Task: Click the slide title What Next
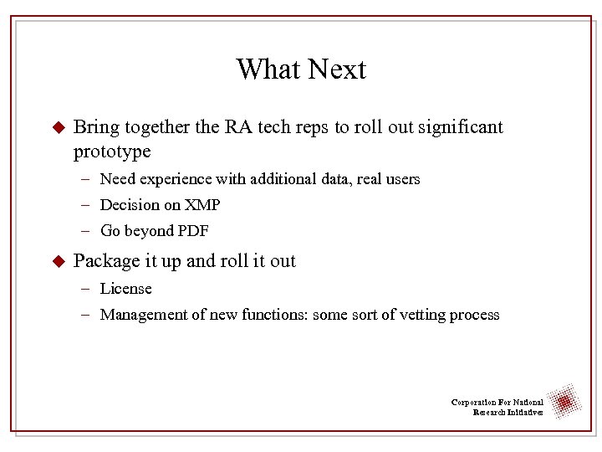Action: [x=301, y=69]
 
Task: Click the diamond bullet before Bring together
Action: [x=58, y=127]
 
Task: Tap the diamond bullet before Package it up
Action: [x=58, y=261]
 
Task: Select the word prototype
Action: [x=112, y=152]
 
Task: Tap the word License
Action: [x=125, y=289]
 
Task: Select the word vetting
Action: [x=418, y=315]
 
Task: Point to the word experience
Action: [x=178, y=179]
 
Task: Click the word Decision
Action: [x=128, y=205]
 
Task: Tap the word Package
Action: [x=105, y=261]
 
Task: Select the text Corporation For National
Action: [x=497, y=403]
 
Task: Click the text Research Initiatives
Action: [x=508, y=413]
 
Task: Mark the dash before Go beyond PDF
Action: [x=87, y=231]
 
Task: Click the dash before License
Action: [x=87, y=289]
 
